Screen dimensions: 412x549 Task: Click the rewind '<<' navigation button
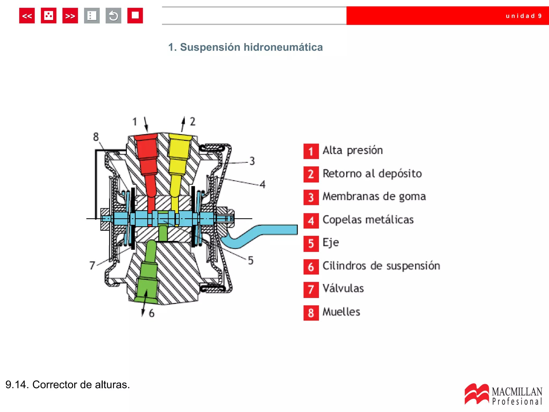pos(27,16)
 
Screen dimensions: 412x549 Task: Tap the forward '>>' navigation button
pos(70,16)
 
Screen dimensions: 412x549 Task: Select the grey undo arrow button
pos(113,16)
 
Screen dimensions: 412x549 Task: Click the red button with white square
pos(135,16)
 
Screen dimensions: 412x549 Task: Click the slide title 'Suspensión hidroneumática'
pos(245,47)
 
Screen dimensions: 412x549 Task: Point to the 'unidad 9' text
pos(524,16)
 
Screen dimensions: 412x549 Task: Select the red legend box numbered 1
pos(311,151)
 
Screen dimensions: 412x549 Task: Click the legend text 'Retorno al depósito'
pos(372,174)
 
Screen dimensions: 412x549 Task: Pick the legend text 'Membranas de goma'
pos(374,196)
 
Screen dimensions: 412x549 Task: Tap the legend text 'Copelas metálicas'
pos(368,220)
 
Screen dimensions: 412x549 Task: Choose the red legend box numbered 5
pos(311,244)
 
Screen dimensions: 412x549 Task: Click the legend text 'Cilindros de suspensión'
pos(381,266)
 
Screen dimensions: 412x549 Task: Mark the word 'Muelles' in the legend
pos(341,312)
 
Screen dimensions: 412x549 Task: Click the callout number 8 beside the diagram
pos(96,137)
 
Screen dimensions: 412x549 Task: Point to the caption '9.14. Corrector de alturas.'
pos(68,385)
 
